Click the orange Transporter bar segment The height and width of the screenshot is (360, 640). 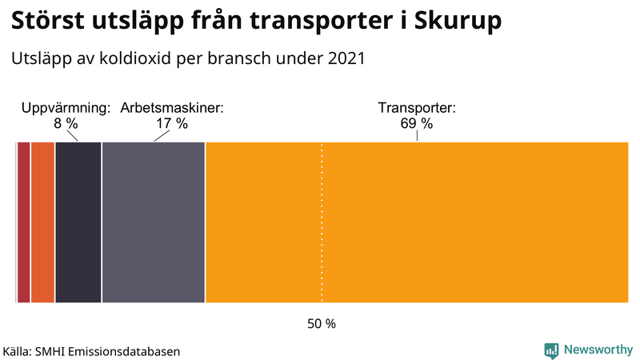tap(416, 222)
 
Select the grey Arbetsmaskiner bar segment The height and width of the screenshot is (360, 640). tap(154, 222)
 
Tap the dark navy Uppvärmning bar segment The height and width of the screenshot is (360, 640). tap(78, 222)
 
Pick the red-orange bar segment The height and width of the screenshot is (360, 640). tap(43, 222)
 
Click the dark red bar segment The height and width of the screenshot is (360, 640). tap(24, 222)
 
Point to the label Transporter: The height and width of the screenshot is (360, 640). tap(416, 108)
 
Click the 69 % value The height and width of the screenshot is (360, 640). tap(416, 124)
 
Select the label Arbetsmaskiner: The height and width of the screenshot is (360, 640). tap(172, 108)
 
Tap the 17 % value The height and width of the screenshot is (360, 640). tap(172, 124)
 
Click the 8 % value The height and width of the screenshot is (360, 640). tap(66, 124)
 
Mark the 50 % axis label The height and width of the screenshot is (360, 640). tap(322, 324)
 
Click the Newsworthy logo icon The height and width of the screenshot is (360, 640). tap(551, 350)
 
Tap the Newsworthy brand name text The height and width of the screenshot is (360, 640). tap(599, 350)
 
